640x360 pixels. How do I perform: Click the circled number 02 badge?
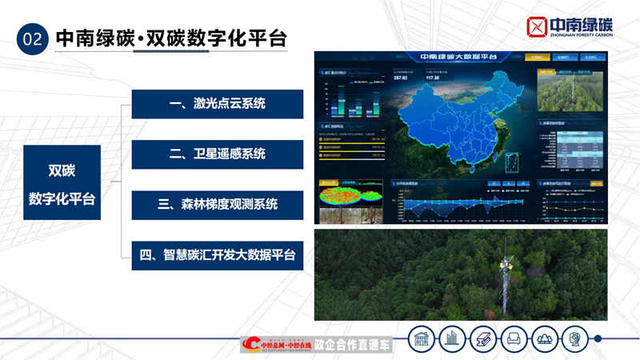tap(33, 38)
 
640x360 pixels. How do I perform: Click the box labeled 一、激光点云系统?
tap(217, 104)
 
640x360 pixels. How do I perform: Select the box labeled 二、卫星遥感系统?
tap(217, 154)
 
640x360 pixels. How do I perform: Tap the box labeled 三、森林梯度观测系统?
tap(217, 205)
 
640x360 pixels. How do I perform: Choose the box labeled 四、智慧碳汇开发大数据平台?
tap(217, 255)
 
